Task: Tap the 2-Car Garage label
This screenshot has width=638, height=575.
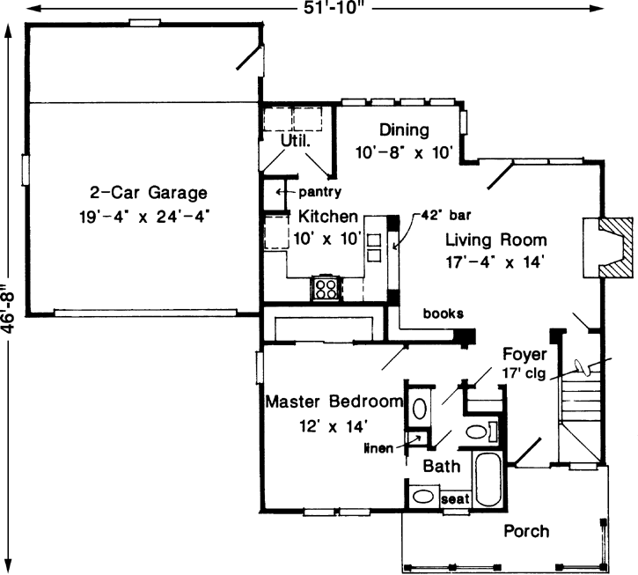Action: (x=148, y=192)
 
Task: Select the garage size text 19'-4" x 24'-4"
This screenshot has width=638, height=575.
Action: (x=148, y=213)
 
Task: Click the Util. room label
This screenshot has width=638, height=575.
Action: (x=292, y=141)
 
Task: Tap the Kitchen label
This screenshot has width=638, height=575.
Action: (x=327, y=216)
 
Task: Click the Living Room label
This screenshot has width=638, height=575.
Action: (x=495, y=239)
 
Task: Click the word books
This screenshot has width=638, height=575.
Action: (x=443, y=313)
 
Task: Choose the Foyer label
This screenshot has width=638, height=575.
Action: (x=526, y=355)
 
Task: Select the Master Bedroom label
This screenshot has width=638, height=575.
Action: (x=334, y=402)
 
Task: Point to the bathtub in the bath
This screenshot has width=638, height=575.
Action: (x=487, y=479)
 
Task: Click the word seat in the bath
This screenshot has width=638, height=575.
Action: (x=455, y=498)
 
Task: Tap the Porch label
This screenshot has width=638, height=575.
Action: (x=526, y=531)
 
